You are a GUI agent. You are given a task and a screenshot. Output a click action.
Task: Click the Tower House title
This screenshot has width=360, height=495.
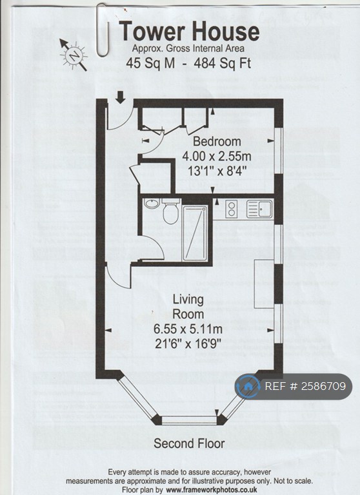click(189, 32)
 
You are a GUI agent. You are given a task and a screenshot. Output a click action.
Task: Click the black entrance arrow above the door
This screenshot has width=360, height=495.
click(120, 97)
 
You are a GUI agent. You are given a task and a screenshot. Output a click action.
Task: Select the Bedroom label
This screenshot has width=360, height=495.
click(217, 141)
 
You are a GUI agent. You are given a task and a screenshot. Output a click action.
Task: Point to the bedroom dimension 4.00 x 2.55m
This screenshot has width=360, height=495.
click(217, 156)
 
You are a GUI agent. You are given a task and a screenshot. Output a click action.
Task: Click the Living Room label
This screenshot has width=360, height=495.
click(188, 307)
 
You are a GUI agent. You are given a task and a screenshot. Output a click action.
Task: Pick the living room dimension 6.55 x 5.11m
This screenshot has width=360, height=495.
click(188, 329)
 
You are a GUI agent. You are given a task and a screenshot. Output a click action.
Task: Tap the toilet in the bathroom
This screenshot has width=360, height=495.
click(171, 211)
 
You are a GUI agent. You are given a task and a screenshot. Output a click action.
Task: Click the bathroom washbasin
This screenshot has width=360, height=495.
click(152, 203)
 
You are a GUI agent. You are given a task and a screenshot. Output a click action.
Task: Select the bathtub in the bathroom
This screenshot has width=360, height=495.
click(195, 233)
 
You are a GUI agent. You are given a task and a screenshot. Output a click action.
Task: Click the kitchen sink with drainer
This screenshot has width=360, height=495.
click(259, 209)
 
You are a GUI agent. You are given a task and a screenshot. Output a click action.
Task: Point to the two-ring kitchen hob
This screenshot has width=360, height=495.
click(232, 209)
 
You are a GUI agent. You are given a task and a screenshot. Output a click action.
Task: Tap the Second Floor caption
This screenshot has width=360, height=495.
click(189, 443)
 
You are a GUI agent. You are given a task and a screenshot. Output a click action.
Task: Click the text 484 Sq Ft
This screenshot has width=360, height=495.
click(223, 63)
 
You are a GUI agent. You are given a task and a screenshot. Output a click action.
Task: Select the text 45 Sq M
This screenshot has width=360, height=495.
click(150, 63)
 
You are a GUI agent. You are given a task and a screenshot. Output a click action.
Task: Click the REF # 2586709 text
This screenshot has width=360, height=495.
click(305, 386)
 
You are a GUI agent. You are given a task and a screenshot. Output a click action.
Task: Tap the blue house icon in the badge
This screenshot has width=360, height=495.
click(248, 386)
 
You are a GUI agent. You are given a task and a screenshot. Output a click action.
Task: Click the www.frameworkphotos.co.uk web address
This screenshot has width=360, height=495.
click(212, 490)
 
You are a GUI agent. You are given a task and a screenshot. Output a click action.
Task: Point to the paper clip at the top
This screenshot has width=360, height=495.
click(103, 30)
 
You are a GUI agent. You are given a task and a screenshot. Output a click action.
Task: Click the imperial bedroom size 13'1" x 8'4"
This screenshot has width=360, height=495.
click(217, 171)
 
